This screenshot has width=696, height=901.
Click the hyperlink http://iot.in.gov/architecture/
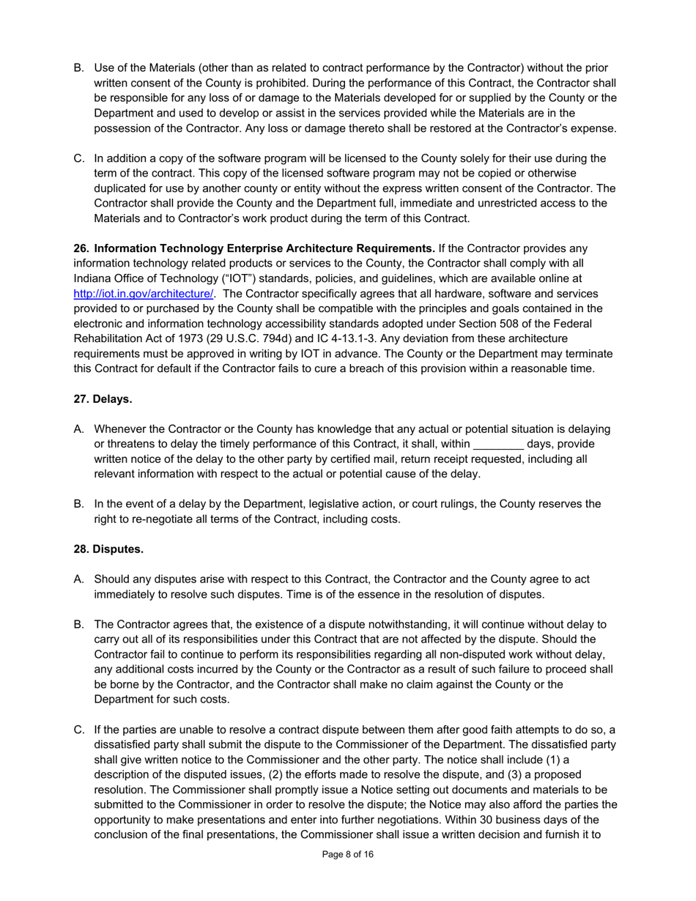[x=144, y=294]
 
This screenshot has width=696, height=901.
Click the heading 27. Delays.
[x=103, y=399]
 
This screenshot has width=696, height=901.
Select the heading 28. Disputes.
[x=108, y=549]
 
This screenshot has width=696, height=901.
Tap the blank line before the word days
[x=498, y=445]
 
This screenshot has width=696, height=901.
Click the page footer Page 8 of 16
[x=348, y=854]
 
